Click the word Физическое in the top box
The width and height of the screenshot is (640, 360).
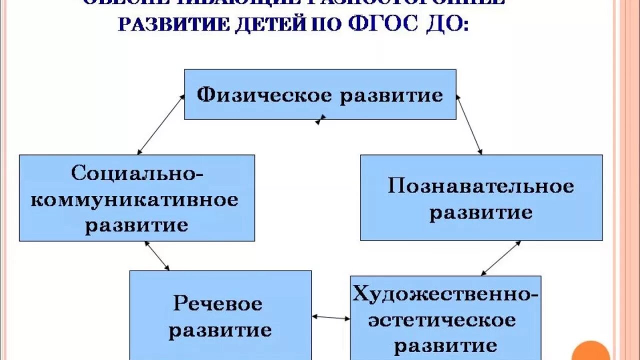pos(263,94)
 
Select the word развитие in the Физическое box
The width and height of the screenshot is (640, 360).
pos(391,95)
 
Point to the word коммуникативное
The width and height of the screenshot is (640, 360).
pos(135,200)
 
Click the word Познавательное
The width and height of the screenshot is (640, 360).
pos(481,186)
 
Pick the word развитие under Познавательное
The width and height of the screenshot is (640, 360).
pos(481,212)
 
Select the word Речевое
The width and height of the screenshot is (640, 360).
pos(218,303)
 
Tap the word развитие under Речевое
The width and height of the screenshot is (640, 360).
pos(220,330)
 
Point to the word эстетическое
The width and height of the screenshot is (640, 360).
pos(442,319)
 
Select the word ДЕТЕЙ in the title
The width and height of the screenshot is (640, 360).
pos(268,24)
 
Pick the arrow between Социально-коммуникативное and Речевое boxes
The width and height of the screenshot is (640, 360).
pos(157,256)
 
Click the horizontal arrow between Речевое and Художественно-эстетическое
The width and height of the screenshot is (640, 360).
pos(331,317)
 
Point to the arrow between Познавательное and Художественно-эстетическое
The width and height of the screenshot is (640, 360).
pos(501,258)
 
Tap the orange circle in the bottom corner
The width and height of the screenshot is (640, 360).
pos(590,352)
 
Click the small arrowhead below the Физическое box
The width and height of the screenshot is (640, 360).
pos(320,120)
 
